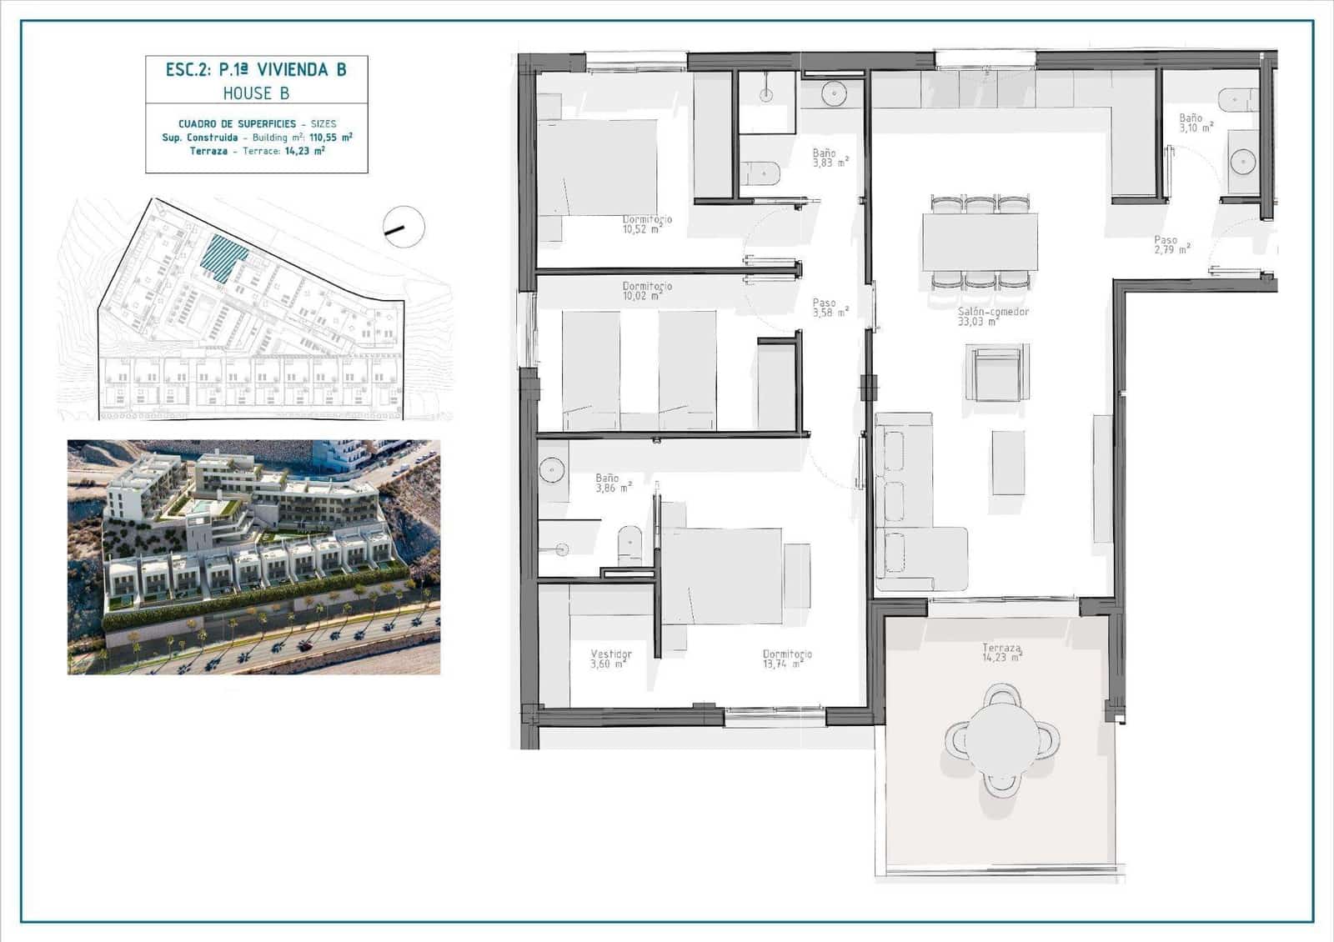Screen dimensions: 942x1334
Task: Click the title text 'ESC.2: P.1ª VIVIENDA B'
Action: pos(256,69)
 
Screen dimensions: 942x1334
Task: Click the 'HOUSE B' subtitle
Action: pos(256,93)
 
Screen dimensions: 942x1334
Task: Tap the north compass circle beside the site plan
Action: pos(404,227)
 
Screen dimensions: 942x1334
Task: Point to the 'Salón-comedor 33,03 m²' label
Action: pos(992,317)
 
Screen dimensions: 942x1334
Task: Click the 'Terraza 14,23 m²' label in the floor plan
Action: pos(1001,653)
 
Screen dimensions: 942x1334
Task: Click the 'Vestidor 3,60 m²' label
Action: pos(611,659)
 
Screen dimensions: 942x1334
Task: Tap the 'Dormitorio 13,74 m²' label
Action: pos(786,659)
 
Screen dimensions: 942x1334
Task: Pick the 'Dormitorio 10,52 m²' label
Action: pos(647,224)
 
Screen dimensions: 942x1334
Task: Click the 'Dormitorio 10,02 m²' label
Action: pos(647,291)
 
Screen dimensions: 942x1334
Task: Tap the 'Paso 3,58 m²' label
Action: pos(829,308)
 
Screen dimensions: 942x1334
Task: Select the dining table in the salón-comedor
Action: pos(980,242)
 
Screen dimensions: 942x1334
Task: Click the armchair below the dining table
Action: pos(997,373)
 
